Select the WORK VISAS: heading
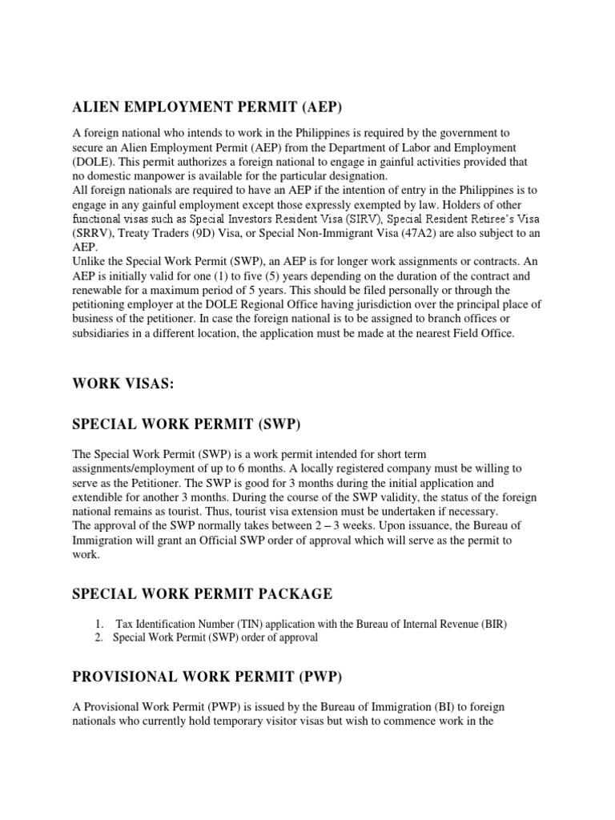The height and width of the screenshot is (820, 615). coord(123,384)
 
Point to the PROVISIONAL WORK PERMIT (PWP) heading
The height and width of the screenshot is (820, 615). coord(207,677)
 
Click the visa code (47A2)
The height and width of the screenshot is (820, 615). coord(439,232)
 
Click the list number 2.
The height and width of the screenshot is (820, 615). coord(98,637)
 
